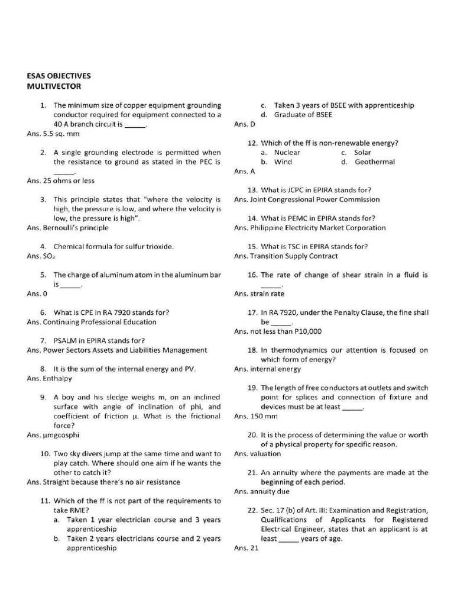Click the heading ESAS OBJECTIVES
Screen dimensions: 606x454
[59, 76]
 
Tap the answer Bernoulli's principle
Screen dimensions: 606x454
[75, 227]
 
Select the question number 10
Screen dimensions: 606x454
[44, 454]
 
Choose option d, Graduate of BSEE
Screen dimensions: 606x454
[303, 115]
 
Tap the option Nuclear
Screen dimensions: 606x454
[287, 152]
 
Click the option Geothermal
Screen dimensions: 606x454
[374, 162]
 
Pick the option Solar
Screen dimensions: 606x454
[362, 152]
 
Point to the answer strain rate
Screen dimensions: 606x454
[267, 294]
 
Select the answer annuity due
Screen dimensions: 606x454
[270, 491]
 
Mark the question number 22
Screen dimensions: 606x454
[252, 510]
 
